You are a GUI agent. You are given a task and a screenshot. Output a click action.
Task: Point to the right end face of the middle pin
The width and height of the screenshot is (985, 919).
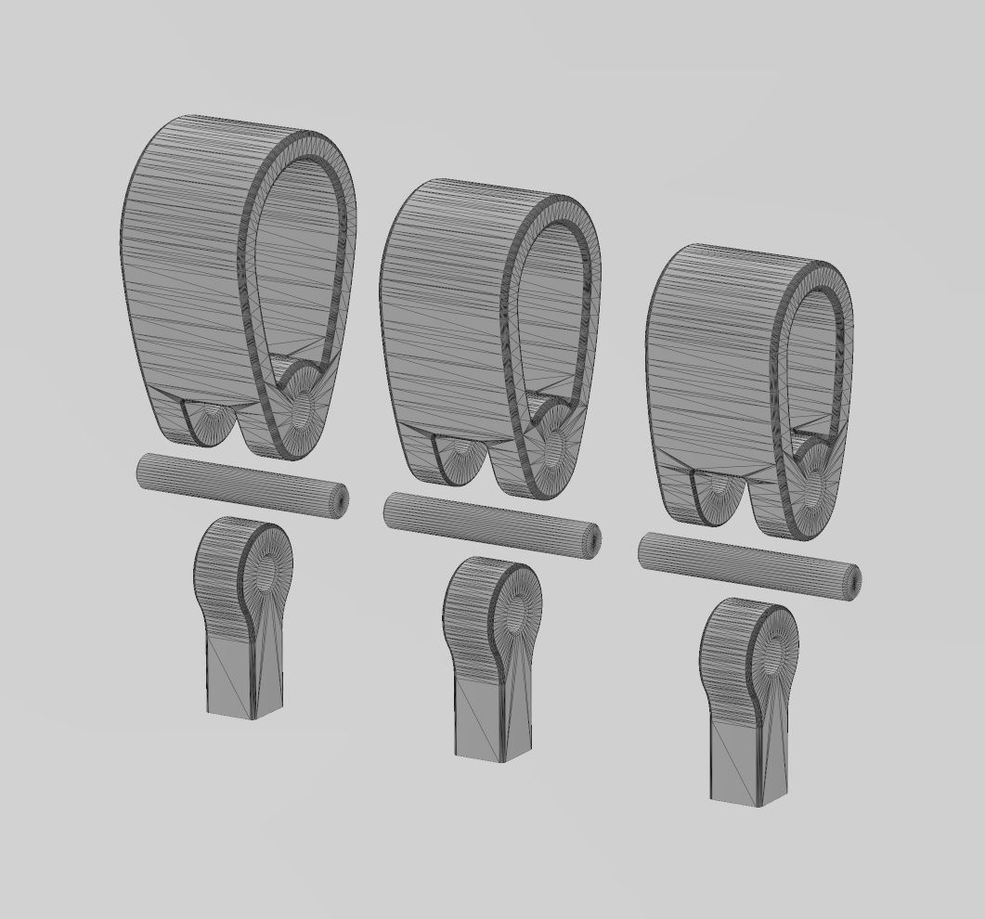coord(592,542)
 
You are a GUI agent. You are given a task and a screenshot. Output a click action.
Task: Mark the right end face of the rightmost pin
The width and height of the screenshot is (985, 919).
coord(850,582)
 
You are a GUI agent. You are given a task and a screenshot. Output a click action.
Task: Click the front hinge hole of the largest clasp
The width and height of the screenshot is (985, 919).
coord(301,408)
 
